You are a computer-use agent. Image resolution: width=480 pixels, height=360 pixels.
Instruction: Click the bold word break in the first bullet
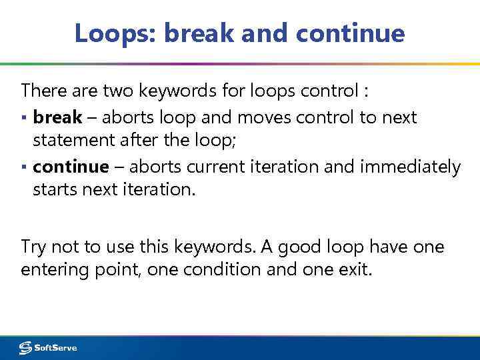(x=57, y=118)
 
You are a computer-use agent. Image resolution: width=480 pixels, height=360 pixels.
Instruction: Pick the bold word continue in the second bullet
(x=70, y=166)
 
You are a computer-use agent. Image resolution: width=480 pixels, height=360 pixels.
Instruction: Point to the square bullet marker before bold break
(x=25, y=119)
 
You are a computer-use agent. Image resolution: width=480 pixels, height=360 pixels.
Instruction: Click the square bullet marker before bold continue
(x=25, y=167)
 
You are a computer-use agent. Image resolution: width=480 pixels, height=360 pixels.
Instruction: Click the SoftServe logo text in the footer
(x=55, y=348)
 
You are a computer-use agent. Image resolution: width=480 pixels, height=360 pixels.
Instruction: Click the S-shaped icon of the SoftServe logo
(x=25, y=348)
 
